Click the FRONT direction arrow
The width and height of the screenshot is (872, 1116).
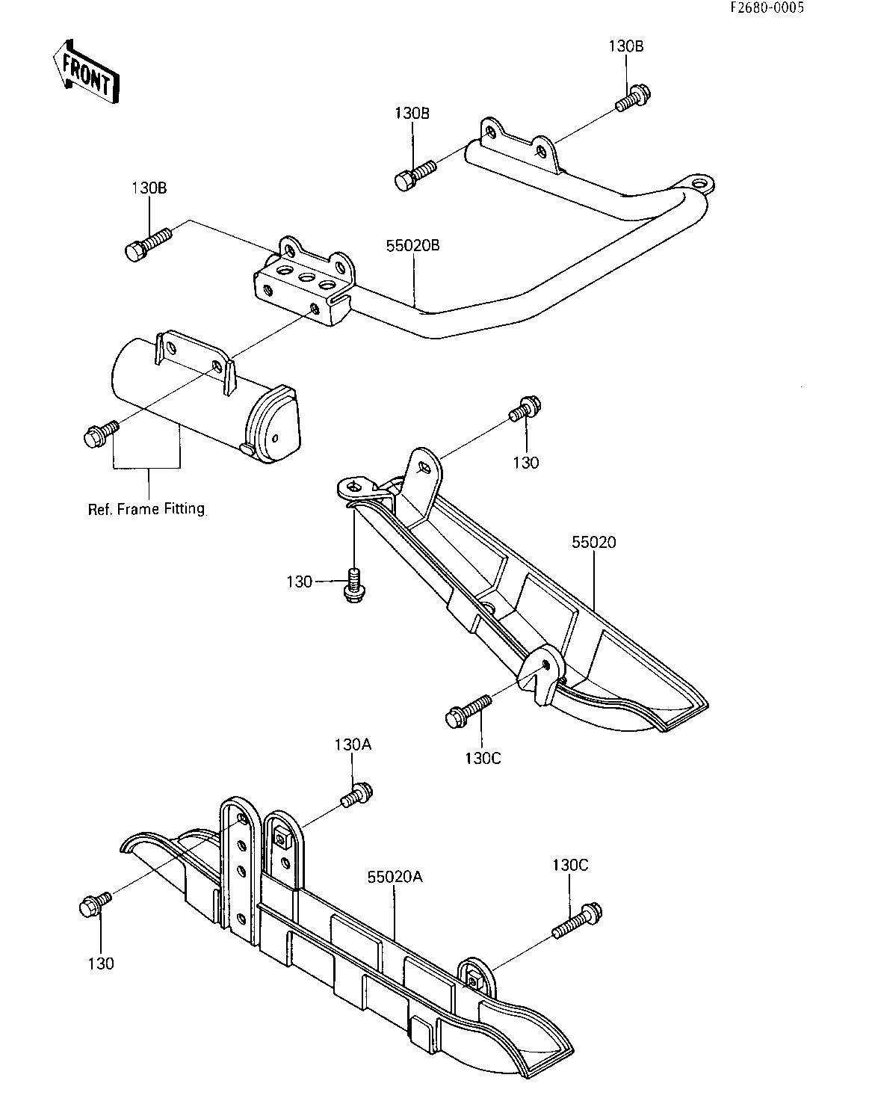(86, 72)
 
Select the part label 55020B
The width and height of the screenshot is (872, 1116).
(413, 245)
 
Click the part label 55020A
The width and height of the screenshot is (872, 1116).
(395, 877)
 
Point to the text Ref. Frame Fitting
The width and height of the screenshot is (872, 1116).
(146, 509)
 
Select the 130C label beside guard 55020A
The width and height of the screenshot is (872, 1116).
(570, 866)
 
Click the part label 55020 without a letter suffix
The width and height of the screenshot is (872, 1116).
(594, 543)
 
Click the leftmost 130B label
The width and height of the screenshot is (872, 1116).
(149, 188)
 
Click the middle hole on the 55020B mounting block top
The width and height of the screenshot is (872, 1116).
(307, 277)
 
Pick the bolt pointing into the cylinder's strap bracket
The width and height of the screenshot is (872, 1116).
(101, 434)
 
